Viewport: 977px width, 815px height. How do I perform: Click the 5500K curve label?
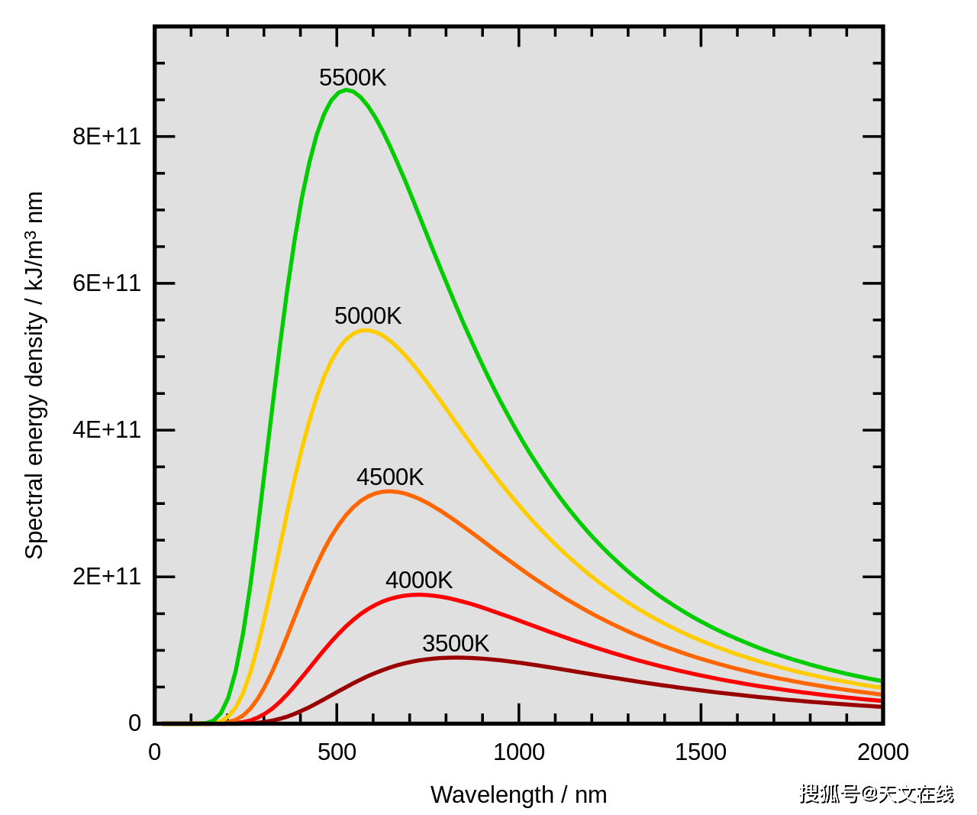353,78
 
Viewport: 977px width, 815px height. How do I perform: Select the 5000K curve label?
368,316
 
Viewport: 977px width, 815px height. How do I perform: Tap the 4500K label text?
390,477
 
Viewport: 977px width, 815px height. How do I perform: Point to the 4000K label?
419,581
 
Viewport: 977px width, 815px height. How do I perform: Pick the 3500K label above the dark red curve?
456,644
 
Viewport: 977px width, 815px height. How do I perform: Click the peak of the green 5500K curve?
347,90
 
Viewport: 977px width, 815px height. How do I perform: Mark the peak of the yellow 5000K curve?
366,330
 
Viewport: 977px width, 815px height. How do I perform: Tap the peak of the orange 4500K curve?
389,491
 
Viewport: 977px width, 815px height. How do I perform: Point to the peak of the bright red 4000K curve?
417,594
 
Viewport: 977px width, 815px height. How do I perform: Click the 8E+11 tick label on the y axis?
107,137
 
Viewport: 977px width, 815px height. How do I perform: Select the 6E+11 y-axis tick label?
107,283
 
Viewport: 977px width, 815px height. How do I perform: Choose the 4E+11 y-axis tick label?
107,430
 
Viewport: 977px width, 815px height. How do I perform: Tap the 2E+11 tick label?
107,577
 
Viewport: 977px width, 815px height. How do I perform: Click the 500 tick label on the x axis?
337,752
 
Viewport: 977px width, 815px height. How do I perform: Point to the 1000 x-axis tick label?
519,752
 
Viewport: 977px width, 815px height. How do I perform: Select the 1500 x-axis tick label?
701,752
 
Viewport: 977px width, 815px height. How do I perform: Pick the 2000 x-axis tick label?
883,752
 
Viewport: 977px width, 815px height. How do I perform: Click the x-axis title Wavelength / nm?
519,795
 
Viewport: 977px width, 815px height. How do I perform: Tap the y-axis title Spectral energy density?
34,375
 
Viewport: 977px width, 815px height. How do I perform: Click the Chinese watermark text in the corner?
877,794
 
